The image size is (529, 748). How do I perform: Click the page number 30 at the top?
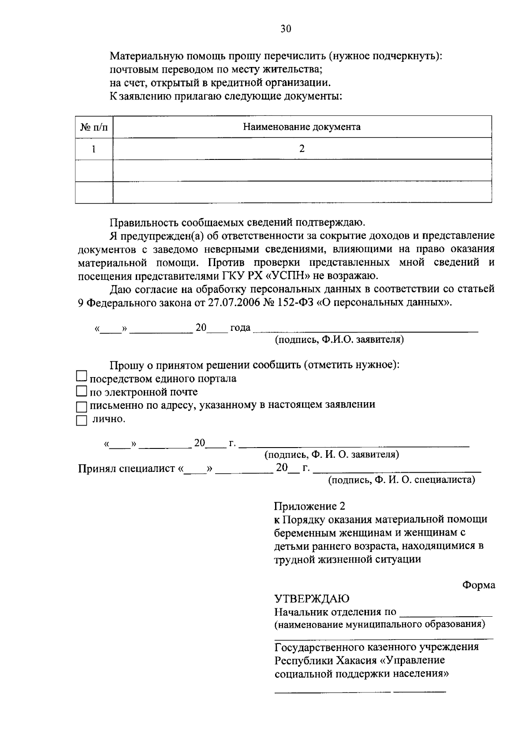(286, 29)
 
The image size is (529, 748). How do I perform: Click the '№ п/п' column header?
(93, 127)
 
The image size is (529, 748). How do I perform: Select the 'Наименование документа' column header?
(302, 127)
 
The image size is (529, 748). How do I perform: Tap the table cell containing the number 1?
(93, 149)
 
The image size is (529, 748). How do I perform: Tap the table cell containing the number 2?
(302, 149)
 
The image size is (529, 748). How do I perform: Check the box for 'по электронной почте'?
(82, 391)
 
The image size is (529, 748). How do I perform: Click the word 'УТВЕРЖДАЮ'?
(312, 599)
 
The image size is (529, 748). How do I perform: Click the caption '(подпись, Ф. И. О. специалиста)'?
(401, 480)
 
